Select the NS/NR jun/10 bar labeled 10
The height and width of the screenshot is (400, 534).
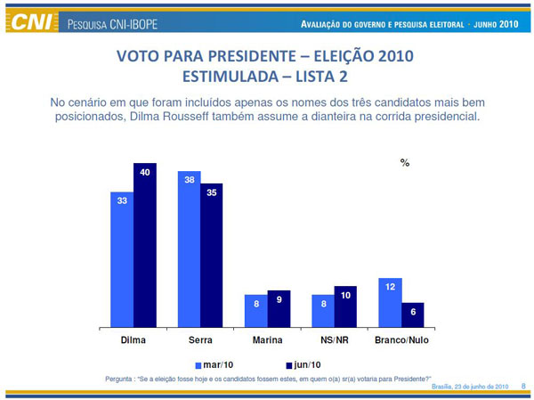coord(345,307)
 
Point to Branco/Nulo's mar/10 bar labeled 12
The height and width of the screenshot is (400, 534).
coord(390,303)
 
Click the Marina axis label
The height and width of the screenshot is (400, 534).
coord(267,340)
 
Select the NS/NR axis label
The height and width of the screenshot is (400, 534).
coord(334,340)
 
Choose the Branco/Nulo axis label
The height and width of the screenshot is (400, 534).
coord(400,340)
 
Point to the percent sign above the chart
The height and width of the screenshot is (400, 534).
coord(405,163)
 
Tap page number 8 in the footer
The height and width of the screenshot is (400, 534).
coord(523,386)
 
